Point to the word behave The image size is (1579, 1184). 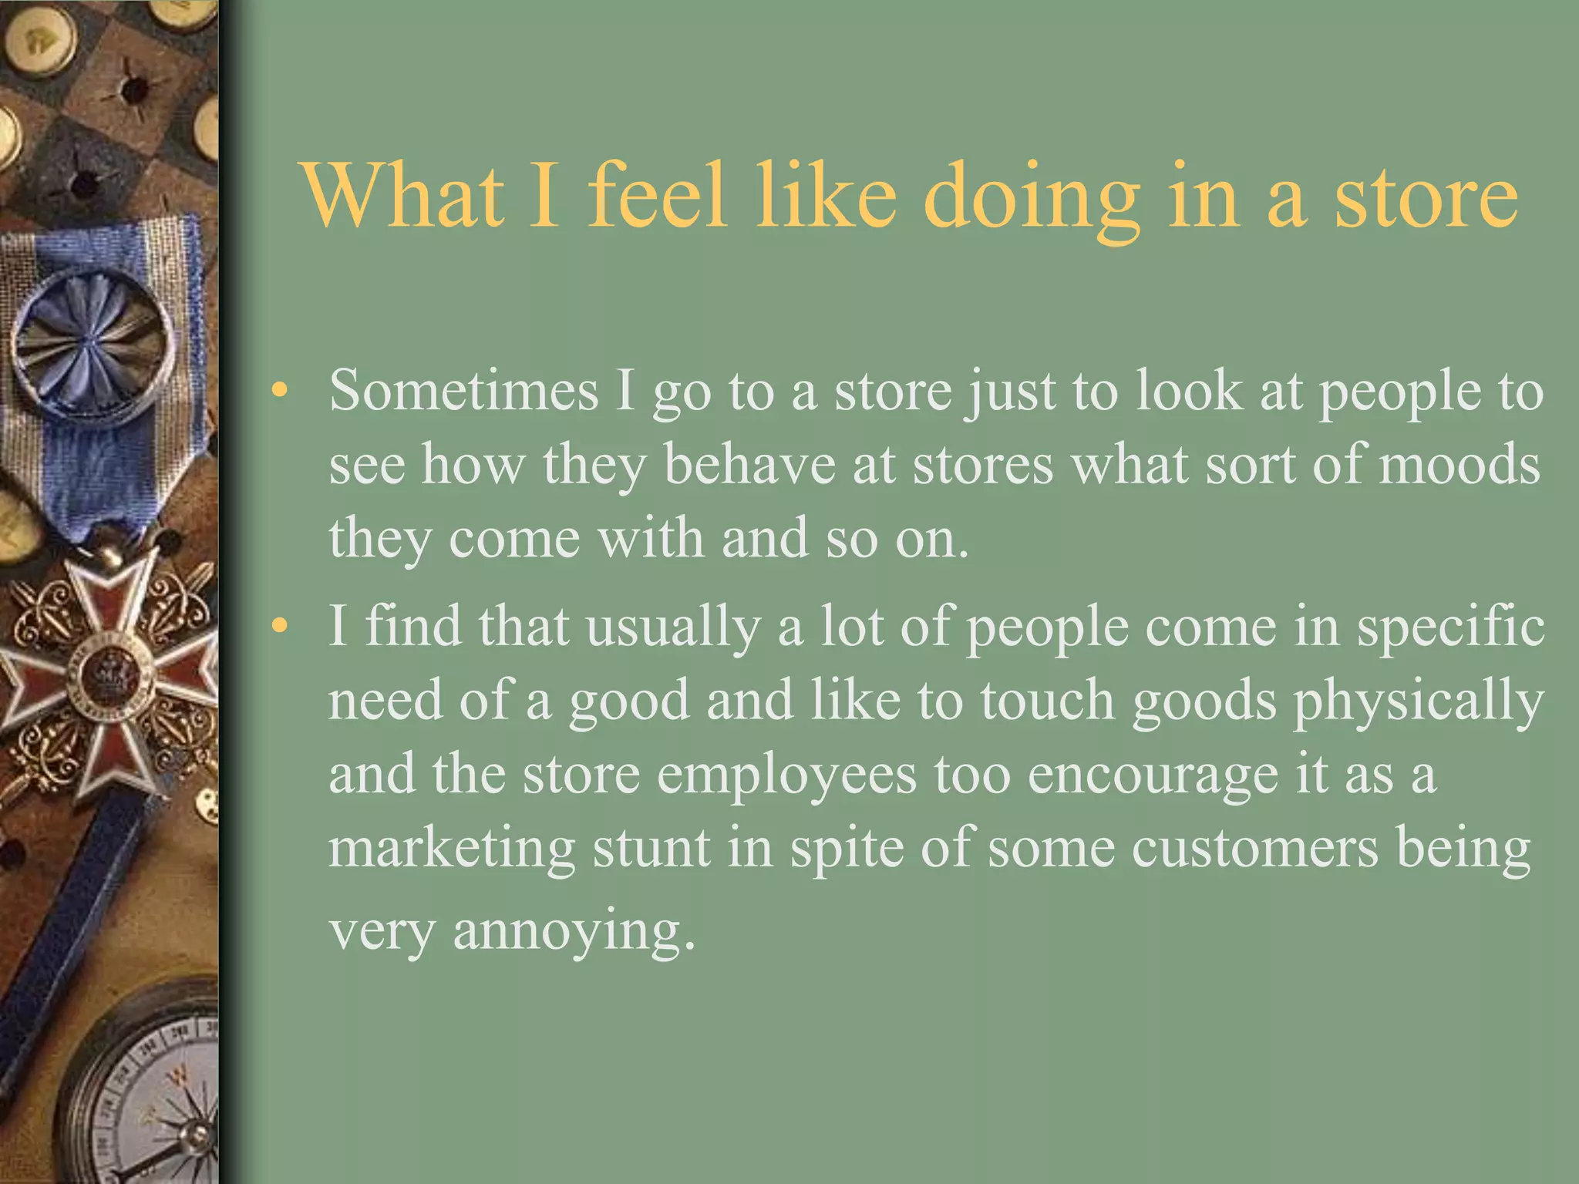(749, 465)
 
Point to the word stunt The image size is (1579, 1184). (651, 849)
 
